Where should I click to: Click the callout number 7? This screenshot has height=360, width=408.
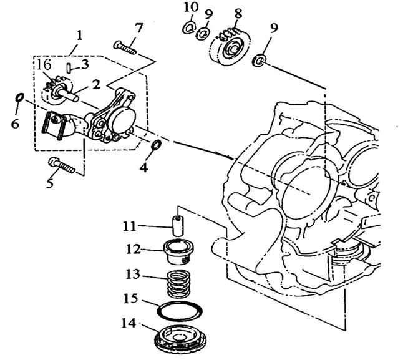[138, 27]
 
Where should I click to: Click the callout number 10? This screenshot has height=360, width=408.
[192, 7]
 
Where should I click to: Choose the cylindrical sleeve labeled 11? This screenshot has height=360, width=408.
[178, 225]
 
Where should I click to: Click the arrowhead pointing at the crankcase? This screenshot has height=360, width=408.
[232, 158]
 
